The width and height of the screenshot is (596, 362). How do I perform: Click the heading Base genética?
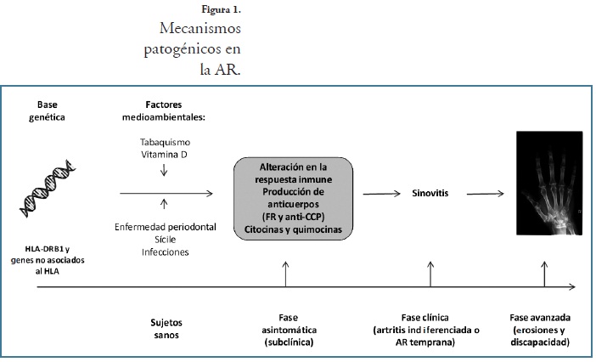click(x=48, y=107)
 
